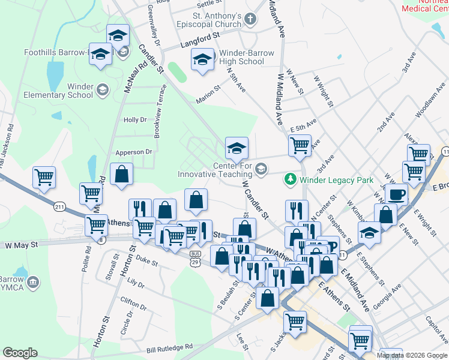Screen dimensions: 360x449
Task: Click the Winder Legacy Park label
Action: (x=336, y=180)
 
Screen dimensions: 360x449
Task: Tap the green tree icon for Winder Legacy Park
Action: (x=291, y=179)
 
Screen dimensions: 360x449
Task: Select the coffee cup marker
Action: (x=396, y=194)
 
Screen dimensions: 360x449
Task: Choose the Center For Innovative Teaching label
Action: (x=214, y=170)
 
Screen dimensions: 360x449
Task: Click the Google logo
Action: (x=20, y=353)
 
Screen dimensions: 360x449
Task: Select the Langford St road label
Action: (x=198, y=41)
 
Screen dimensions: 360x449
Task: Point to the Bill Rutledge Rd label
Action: (x=170, y=347)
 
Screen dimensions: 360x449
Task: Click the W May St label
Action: (x=21, y=245)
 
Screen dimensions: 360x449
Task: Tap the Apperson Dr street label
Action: (x=133, y=152)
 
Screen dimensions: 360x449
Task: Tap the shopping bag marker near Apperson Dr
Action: (x=122, y=174)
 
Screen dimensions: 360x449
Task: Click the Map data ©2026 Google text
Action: (x=412, y=355)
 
